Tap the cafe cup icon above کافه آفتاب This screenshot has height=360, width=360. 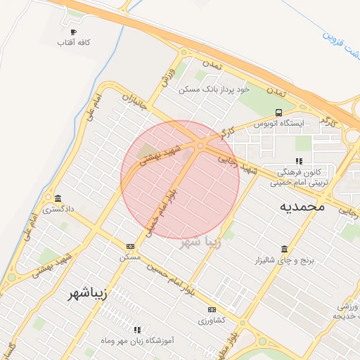tap(74, 32)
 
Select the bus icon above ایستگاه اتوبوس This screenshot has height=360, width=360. tap(279, 112)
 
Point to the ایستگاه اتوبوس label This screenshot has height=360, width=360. tap(279, 123)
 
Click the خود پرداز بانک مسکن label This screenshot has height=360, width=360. tap(214, 90)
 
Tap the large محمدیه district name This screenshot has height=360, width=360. tap(302, 206)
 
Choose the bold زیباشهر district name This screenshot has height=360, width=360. tap(88, 292)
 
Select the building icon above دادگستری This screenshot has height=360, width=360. tap(57, 198)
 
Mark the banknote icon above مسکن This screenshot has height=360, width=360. tap(131, 246)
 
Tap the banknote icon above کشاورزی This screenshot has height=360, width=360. tap(212, 309)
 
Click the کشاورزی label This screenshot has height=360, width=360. tap(212, 320)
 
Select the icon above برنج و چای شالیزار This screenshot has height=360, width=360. tap(284, 250)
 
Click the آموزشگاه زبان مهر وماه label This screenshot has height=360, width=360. tap(137, 340)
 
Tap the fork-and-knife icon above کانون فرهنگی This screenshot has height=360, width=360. tap(299, 161)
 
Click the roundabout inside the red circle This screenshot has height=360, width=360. tap(200, 146)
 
